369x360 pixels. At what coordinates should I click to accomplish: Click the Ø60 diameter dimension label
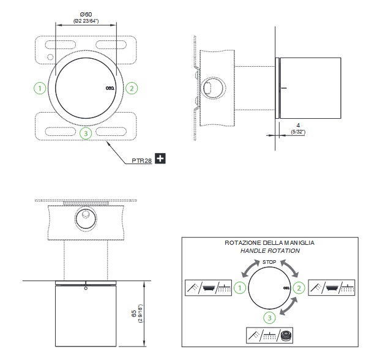86,14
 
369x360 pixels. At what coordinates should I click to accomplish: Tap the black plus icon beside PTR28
160,158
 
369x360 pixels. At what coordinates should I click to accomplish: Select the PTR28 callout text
142,161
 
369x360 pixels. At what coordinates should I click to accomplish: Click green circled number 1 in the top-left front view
40,88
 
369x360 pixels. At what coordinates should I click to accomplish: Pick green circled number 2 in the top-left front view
132,88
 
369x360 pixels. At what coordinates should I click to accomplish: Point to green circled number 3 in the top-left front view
86,133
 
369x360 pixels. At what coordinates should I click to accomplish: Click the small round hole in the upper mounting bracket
50,57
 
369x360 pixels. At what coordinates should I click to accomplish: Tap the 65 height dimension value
133,313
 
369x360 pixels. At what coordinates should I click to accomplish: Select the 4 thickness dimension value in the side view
298,126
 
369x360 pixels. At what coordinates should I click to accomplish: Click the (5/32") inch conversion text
298,132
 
